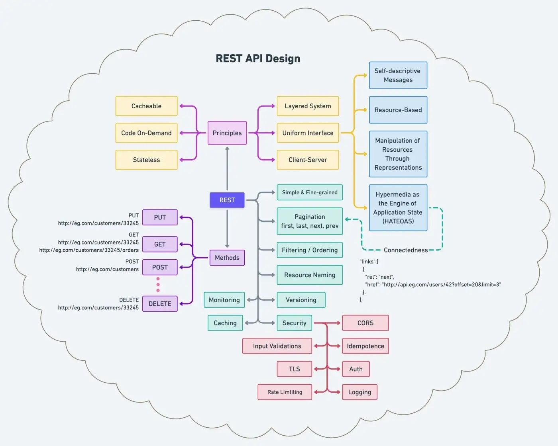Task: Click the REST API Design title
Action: click(x=258, y=59)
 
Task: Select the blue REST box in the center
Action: click(x=227, y=200)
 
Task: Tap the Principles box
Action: click(x=227, y=133)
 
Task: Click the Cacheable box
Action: click(x=146, y=106)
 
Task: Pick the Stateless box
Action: click(x=146, y=160)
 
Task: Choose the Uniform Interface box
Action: click(x=308, y=133)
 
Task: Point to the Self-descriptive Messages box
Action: click(x=398, y=75)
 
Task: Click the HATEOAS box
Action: click(x=398, y=207)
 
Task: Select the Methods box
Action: click(x=227, y=258)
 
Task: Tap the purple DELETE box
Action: click(x=160, y=303)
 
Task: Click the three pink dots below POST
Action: click(x=158, y=285)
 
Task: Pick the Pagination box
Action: click(x=310, y=221)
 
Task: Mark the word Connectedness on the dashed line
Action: click(x=405, y=250)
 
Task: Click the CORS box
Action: click(x=365, y=323)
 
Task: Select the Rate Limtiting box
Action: click(x=285, y=392)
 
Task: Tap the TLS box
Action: click(x=294, y=369)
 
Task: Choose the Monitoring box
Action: click(x=224, y=300)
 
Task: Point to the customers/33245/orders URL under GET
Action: click(x=89, y=250)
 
